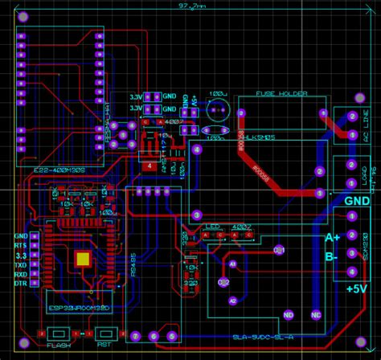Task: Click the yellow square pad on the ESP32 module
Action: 82,258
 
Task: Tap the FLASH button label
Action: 58,346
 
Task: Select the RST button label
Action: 104,346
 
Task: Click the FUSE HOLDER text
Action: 281,94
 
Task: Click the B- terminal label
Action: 332,256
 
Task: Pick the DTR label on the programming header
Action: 21,284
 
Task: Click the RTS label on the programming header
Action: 21,244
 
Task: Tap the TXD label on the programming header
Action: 21,264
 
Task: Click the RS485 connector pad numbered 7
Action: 136,336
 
